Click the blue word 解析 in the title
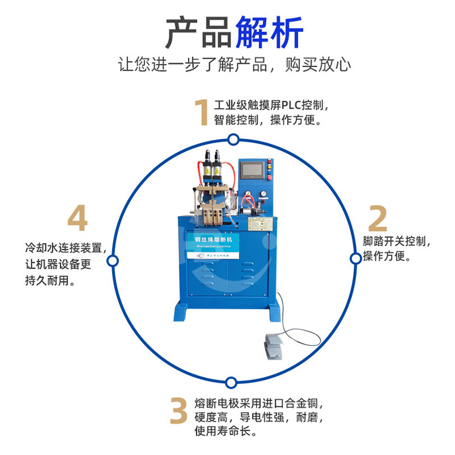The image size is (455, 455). pos(269,33)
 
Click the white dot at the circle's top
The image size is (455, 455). pos(233,139)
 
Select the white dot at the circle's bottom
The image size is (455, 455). pos(230,382)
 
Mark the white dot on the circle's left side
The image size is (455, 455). pos(113,261)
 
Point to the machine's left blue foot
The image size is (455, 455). pos(183,312)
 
